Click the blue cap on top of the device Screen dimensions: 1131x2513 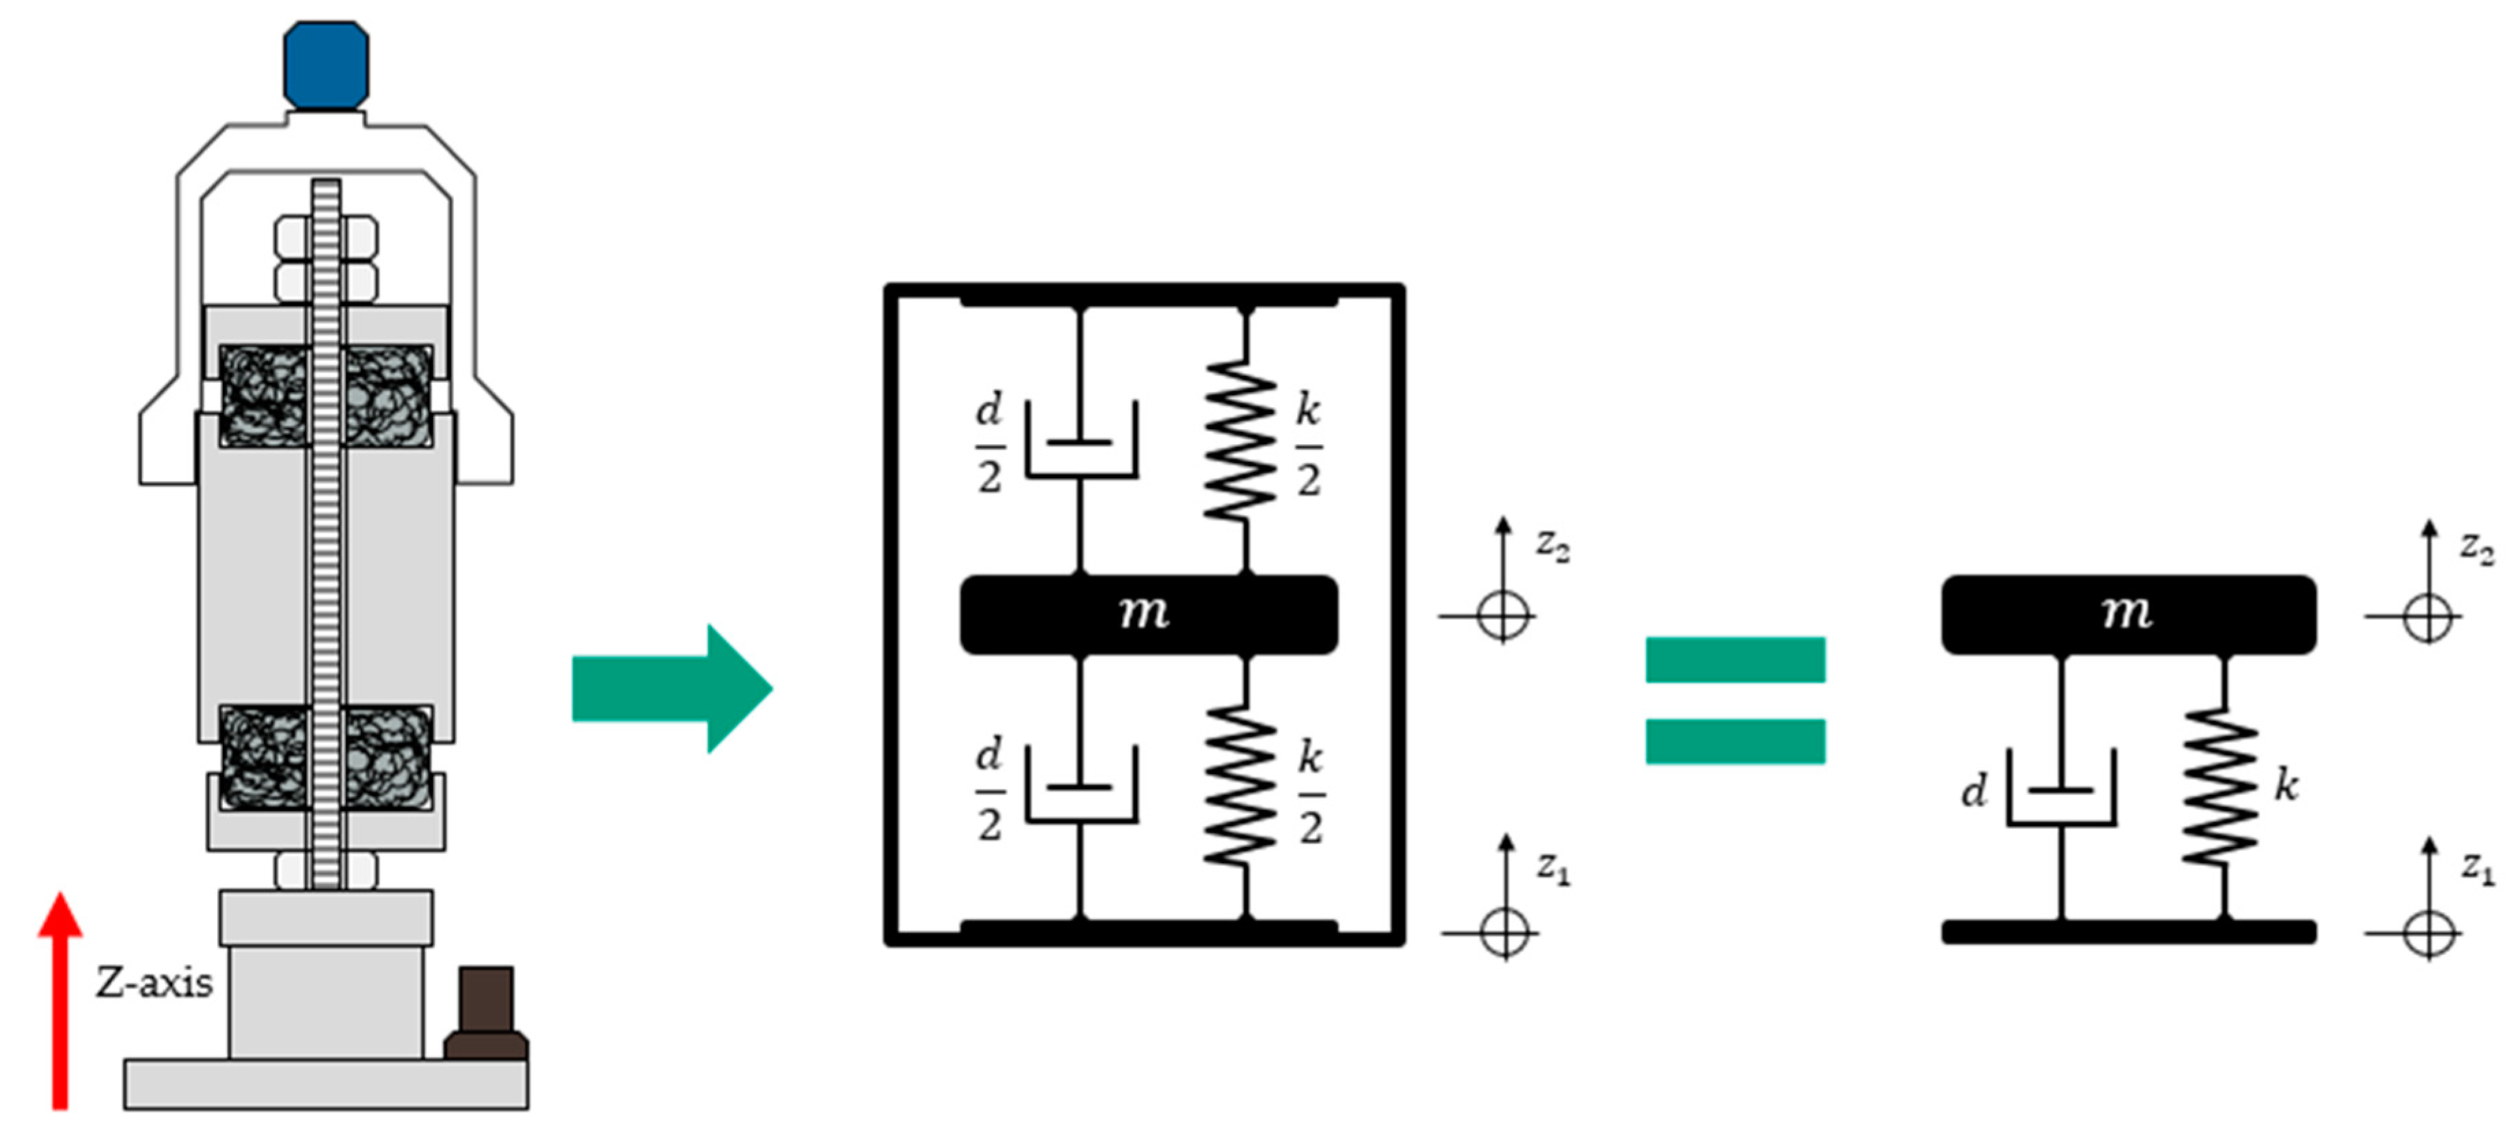(326, 64)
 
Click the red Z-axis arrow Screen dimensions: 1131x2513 (59, 1005)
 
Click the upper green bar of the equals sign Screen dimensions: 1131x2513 (1735, 659)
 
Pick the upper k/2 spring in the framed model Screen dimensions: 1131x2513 (1241, 440)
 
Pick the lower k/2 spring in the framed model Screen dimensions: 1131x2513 (1241, 787)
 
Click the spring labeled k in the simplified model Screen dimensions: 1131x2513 (2220, 787)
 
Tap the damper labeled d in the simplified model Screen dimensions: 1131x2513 (2061, 789)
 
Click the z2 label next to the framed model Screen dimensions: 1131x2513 (1552, 545)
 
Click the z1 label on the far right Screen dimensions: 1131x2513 (2477, 867)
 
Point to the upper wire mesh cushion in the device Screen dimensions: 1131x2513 (327, 395)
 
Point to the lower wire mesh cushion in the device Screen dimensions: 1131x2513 (327, 757)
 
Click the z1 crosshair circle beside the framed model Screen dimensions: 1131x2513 (1504, 932)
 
